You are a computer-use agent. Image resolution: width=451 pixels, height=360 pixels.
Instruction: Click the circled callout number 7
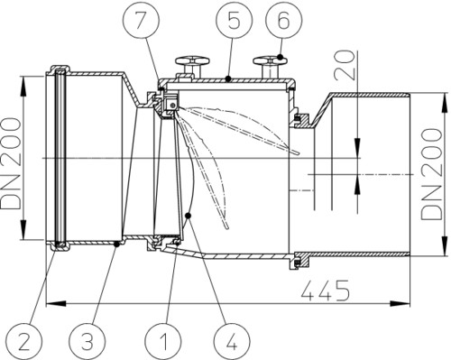tap(142, 21)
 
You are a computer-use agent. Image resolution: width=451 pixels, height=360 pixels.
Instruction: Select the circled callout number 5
tap(234, 21)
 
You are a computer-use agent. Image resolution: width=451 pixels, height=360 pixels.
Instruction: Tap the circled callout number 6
tap(284, 21)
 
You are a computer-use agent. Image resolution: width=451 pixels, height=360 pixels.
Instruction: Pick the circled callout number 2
tap(23, 342)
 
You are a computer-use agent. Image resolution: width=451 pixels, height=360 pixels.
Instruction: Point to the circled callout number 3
tap(87, 342)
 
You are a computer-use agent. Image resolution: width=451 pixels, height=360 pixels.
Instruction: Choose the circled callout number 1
tap(162, 342)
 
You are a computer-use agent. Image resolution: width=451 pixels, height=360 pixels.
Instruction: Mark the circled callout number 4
tap(232, 342)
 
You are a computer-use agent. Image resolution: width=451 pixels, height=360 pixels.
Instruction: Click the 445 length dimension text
tap(326, 291)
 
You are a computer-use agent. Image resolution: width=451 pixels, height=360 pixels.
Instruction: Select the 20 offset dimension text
tap(345, 64)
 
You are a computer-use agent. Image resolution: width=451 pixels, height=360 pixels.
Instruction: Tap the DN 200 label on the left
tap(11, 163)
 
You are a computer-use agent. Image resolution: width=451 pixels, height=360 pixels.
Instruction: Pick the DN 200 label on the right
tap(432, 174)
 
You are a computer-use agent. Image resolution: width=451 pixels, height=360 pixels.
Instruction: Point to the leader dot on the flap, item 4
tap(189, 216)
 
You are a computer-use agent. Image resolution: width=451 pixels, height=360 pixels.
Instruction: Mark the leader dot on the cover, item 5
tap(228, 78)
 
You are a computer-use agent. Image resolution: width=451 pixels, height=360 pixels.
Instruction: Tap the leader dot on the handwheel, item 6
tap(281, 57)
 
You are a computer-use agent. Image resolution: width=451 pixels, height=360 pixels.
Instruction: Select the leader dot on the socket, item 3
tap(117, 245)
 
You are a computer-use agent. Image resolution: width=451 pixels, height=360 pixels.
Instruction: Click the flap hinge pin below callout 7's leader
tap(172, 105)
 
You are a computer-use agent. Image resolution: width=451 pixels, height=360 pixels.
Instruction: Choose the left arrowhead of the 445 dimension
tap(56, 303)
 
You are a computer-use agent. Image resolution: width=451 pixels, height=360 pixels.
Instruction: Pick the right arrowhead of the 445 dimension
tap(400, 303)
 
